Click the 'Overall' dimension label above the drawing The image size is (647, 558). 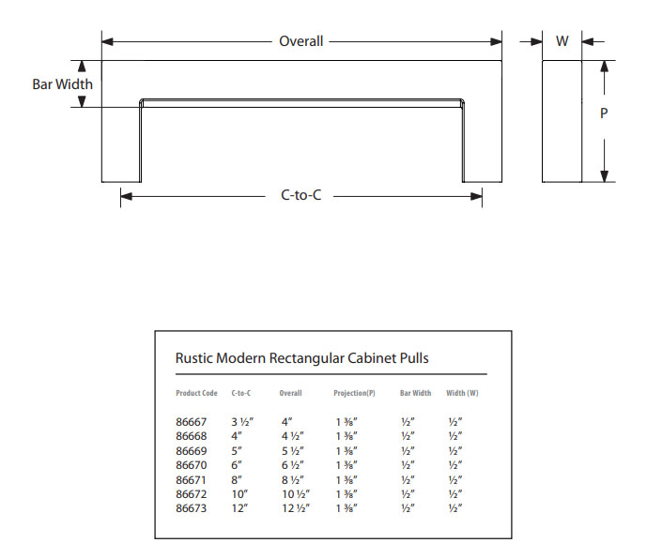(x=300, y=41)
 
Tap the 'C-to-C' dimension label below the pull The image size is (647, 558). (x=301, y=196)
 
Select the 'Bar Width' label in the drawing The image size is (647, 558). (x=62, y=84)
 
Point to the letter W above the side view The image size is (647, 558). (x=562, y=41)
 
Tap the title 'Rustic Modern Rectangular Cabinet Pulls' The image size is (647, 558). (x=302, y=357)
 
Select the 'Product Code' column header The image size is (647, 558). (x=196, y=393)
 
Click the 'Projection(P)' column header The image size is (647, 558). (x=354, y=393)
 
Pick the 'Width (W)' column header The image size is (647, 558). (x=462, y=393)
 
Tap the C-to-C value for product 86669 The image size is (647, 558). (x=237, y=451)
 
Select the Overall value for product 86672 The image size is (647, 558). (x=296, y=493)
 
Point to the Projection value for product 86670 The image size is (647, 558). (x=345, y=465)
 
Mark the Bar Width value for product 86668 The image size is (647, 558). (x=407, y=437)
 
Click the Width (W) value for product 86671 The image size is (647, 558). (x=454, y=479)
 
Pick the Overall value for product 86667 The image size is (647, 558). (x=288, y=423)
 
